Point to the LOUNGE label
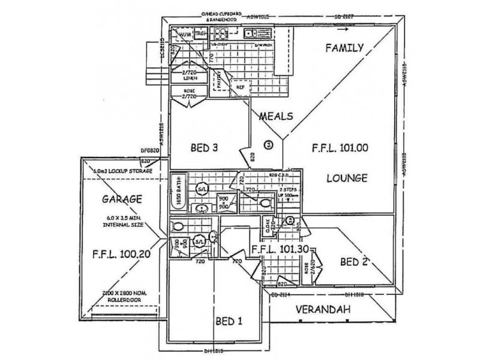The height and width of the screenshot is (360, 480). [x=347, y=179]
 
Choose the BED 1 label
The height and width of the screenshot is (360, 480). [x=229, y=321]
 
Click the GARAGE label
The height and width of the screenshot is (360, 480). [x=121, y=199]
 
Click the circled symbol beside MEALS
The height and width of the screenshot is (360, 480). [x=268, y=143]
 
